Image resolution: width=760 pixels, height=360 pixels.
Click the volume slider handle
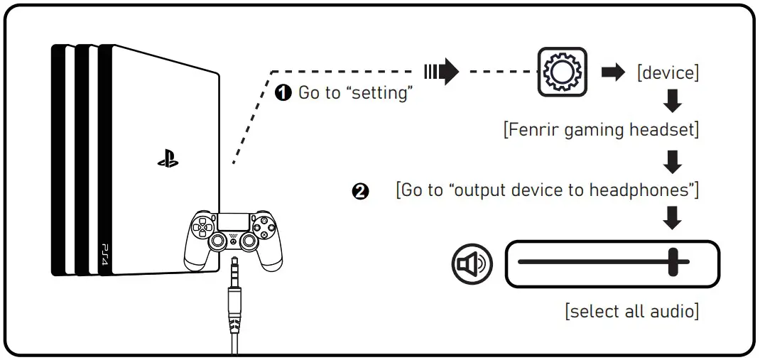[673, 262]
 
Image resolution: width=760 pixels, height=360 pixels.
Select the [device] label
[668, 73]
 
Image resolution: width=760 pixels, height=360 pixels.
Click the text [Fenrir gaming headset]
[601, 131]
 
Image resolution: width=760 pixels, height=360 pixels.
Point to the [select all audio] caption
[631, 311]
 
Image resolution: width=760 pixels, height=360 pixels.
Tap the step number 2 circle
[361, 192]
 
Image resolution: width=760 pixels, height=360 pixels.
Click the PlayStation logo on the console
[168, 160]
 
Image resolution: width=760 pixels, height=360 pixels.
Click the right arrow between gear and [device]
[613, 72]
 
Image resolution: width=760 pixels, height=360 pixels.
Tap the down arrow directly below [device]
[671, 104]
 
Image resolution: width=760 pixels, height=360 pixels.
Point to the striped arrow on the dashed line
[441, 72]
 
